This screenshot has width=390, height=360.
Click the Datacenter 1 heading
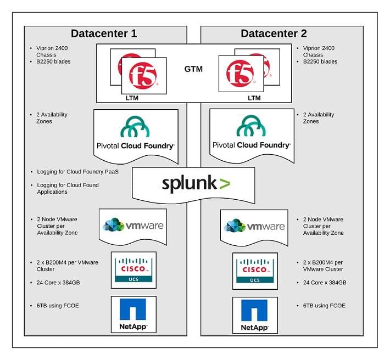[x=103, y=33]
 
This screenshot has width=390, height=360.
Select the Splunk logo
[x=196, y=183]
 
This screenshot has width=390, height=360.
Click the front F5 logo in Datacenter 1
[x=143, y=76]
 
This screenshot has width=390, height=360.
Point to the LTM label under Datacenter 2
[x=254, y=98]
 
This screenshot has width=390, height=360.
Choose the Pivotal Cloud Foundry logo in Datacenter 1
[x=136, y=134]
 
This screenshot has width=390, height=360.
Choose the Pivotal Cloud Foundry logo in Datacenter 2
[x=251, y=134]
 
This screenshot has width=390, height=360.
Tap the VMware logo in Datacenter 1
[x=133, y=226]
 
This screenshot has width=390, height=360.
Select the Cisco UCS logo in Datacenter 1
[x=133, y=269]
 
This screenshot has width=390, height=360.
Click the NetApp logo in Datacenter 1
[x=133, y=314]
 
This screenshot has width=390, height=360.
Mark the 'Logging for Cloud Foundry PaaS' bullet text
[x=77, y=171]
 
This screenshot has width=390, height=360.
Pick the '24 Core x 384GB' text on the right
[x=325, y=283]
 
